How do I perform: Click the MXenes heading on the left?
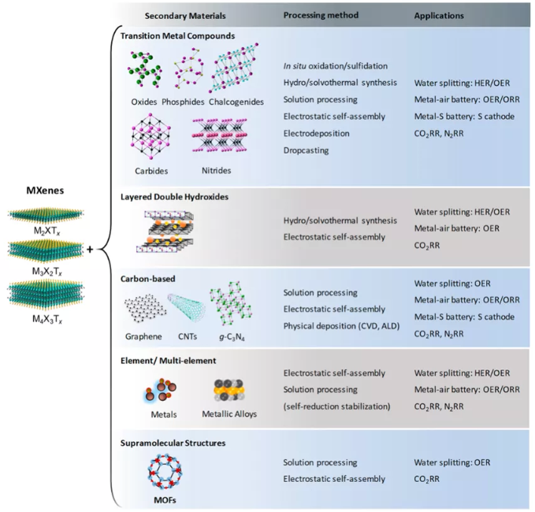[x=45, y=191]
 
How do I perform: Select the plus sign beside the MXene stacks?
[x=90, y=250]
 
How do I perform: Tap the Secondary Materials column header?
[x=185, y=16]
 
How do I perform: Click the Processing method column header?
[x=321, y=15]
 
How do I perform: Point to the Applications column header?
[x=439, y=16]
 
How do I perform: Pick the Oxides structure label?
[x=144, y=102]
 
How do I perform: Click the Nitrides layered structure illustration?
[x=220, y=135]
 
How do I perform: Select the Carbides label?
[x=151, y=171]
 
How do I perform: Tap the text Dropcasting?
[x=306, y=150]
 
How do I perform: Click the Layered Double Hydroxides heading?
[x=174, y=197]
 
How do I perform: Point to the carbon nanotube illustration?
[x=187, y=308]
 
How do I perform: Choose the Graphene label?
[x=143, y=336]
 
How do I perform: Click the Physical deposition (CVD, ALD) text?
[x=341, y=326]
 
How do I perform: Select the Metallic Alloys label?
[x=229, y=414]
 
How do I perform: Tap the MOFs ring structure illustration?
[x=165, y=472]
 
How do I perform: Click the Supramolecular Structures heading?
[x=173, y=443]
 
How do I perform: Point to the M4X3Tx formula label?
[x=47, y=319]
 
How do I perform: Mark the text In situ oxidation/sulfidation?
[x=336, y=66]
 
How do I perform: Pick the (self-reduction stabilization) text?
[x=336, y=406]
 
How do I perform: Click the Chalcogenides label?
[x=236, y=102]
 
